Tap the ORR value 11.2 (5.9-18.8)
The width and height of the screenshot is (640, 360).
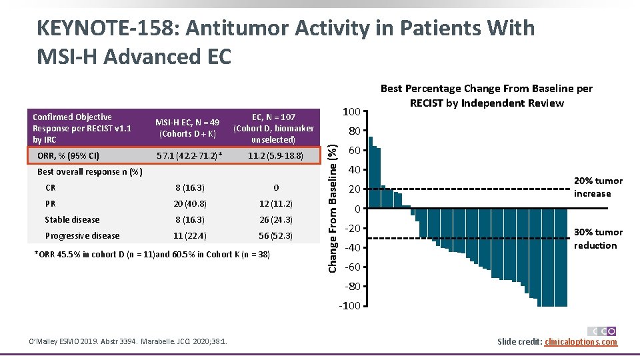[x=275, y=156]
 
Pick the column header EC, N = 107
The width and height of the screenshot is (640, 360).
[x=275, y=117]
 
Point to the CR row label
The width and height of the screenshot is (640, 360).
[x=50, y=188]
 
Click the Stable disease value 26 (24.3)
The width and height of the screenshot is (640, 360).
[x=275, y=220]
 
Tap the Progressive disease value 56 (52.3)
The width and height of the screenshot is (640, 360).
[x=275, y=236]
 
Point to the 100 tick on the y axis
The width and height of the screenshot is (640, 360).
[x=351, y=111]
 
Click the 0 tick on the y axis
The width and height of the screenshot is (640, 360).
[x=357, y=209]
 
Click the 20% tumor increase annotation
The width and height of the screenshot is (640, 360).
[x=597, y=187]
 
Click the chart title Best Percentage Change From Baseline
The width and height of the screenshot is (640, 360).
[x=486, y=95]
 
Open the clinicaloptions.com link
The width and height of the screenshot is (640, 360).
[x=581, y=342]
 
